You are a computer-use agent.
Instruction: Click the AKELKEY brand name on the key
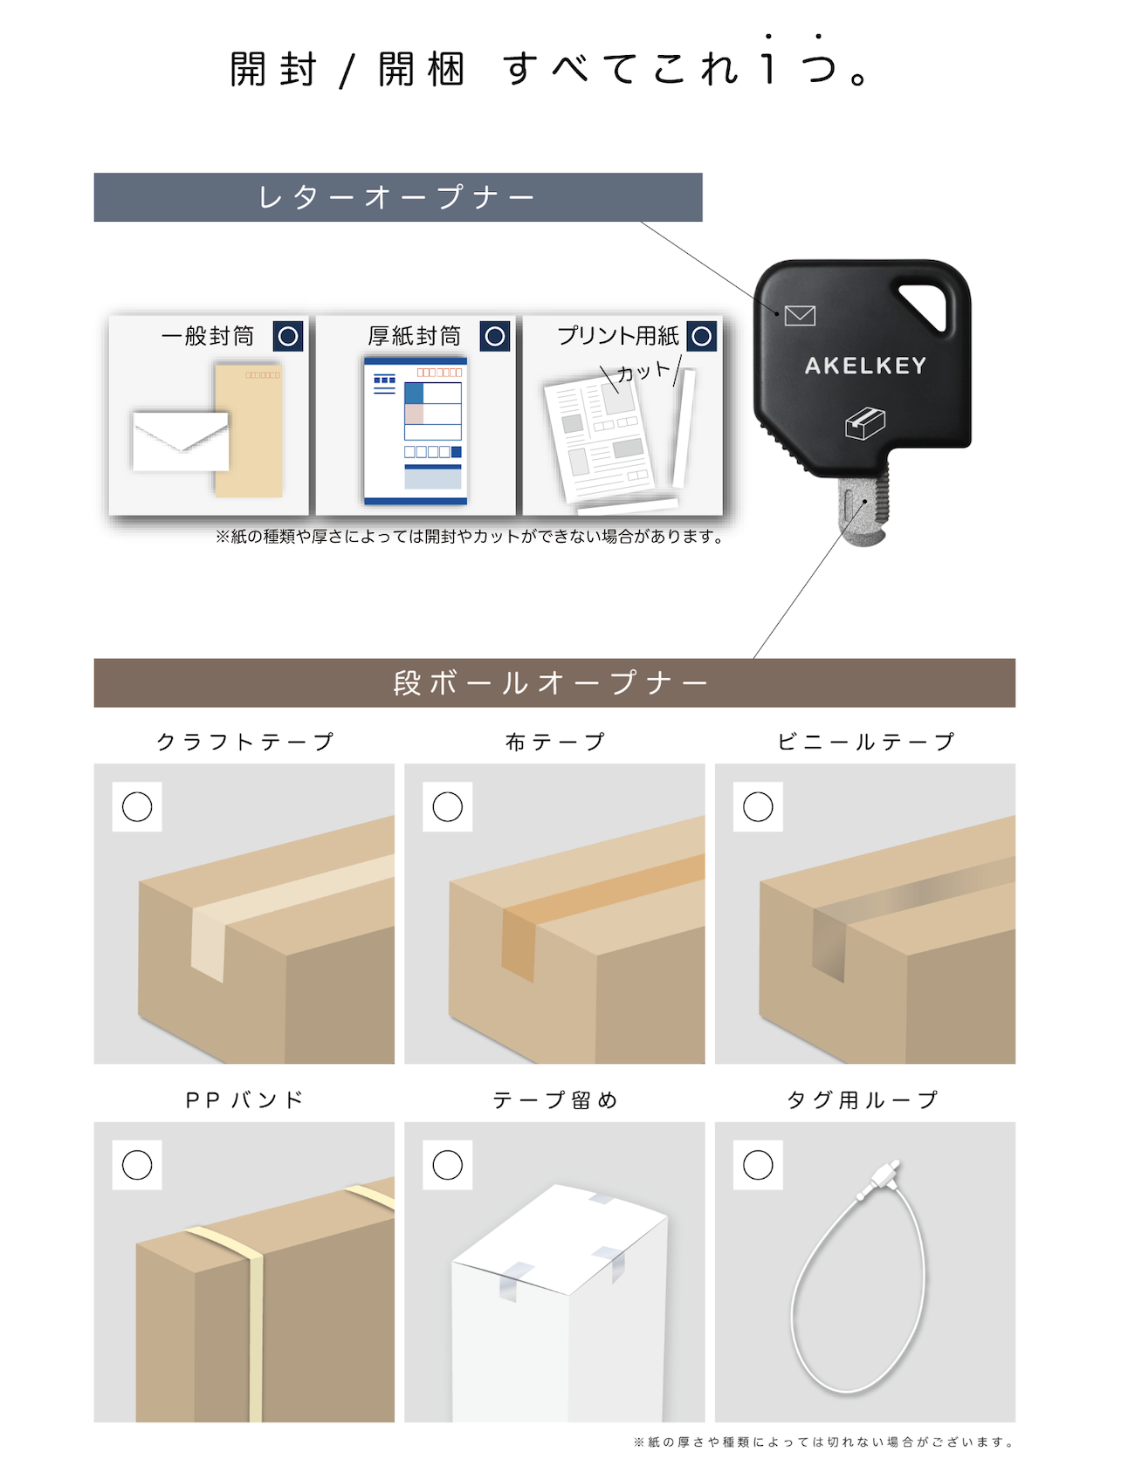pyautogui.click(x=864, y=366)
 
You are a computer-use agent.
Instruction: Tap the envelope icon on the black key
pyautogui.click(x=800, y=315)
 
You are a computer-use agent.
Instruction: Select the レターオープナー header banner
pyautogui.click(x=397, y=197)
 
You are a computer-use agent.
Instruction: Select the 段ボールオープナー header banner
pyautogui.click(x=554, y=682)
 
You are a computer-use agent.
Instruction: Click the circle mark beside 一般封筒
pyautogui.click(x=288, y=336)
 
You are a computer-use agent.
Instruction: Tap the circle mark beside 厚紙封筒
pyautogui.click(x=495, y=336)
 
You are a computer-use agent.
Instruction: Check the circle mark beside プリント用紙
pyautogui.click(x=702, y=336)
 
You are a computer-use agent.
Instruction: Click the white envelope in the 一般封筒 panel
pyautogui.click(x=181, y=442)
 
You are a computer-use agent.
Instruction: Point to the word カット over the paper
pyautogui.click(x=643, y=372)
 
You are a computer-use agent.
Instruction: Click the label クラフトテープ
pyautogui.click(x=244, y=742)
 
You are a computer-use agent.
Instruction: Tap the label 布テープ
pyautogui.click(x=554, y=742)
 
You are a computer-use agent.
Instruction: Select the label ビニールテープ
pyautogui.click(x=865, y=742)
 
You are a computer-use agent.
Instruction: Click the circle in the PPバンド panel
pyautogui.click(x=137, y=1165)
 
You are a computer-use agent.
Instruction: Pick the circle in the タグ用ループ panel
pyautogui.click(x=758, y=1165)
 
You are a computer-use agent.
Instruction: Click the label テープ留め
pyautogui.click(x=554, y=1100)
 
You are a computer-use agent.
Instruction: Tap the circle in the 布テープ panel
pyautogui.click(x=448, y=807)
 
